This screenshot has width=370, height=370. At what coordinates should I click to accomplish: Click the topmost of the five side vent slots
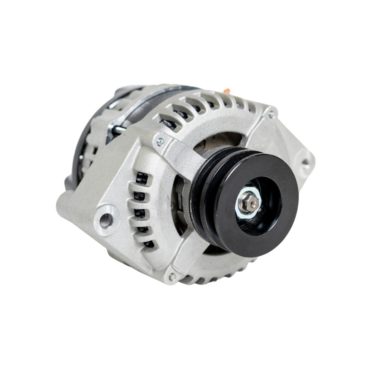coord(142,178)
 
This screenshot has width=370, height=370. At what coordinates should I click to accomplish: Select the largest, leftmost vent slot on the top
coord(169,120)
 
